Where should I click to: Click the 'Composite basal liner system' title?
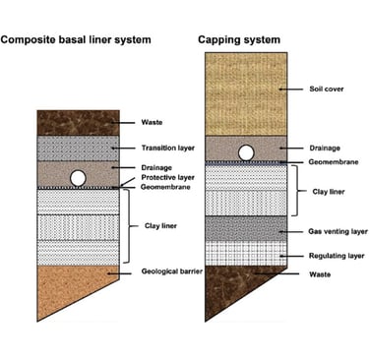coord(76,40)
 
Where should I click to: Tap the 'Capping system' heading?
coord(239,40)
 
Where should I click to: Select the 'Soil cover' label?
coord(327,89)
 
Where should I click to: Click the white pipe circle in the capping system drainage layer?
coord(246,152)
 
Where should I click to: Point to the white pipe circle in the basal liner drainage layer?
coord(79,178)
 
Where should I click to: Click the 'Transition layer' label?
coord(168,148)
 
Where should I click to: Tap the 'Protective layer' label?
coord(168,177)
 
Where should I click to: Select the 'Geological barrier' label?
coord(172,271)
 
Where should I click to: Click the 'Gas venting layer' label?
coord(338,231)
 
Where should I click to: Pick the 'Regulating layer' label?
coord(337,256)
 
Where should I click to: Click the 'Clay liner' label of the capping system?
coord(329,192)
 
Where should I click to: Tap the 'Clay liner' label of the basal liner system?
coord(160,226)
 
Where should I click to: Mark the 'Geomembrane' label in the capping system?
coord(334,162)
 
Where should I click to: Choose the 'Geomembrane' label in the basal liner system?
coord(165,187)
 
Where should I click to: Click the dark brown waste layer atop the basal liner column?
coord(78,123)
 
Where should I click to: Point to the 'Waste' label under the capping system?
coord(320,274)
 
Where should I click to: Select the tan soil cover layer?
coord(246,93)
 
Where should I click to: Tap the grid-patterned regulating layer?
coord(246,254)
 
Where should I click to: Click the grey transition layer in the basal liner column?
coord(78,149)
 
